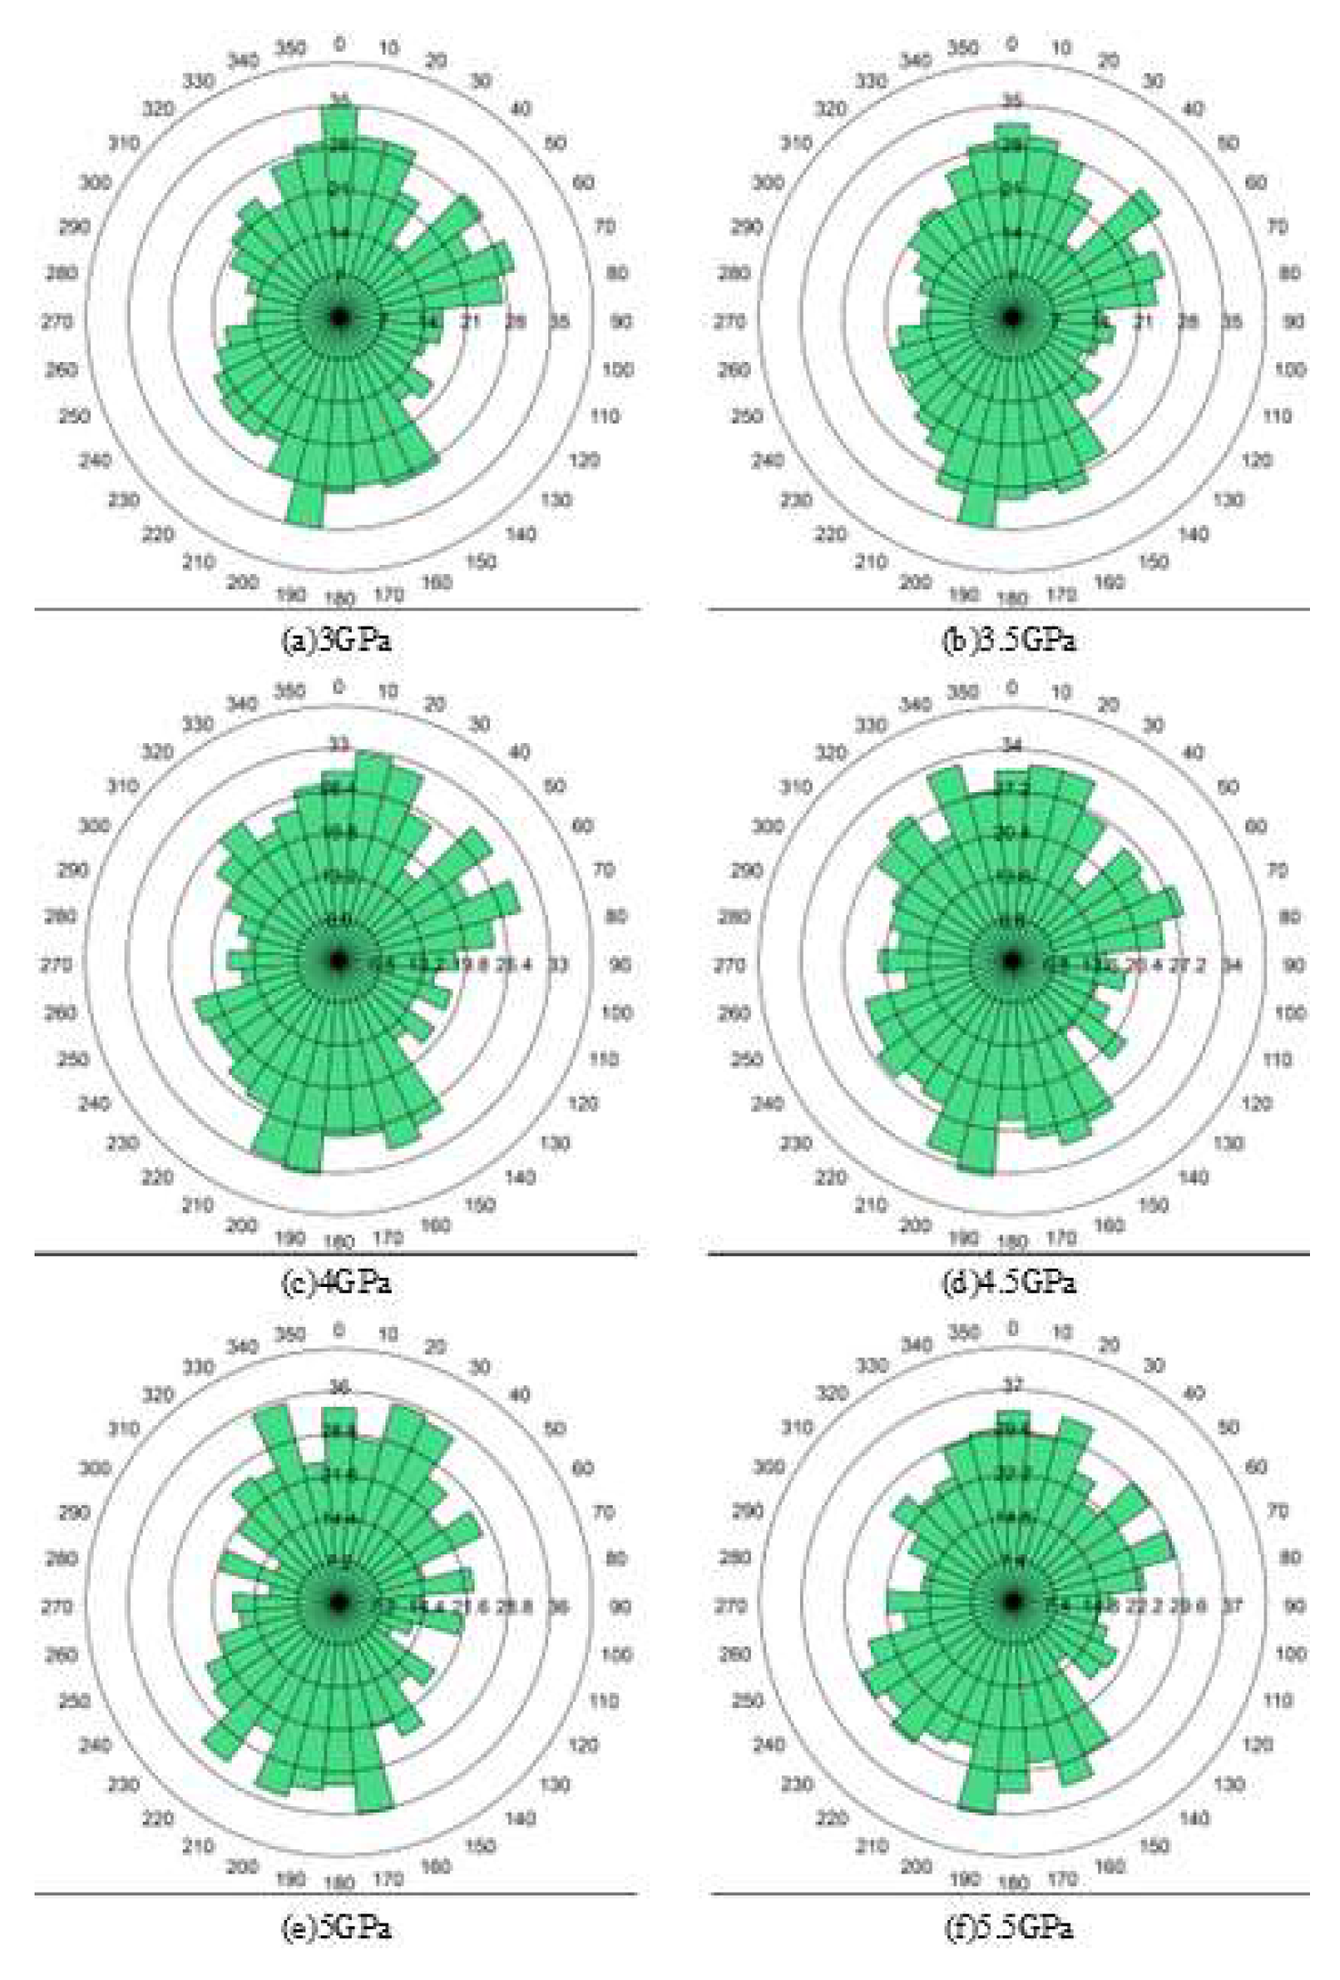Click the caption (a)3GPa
[336, 641]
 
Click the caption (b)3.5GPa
[1009, 641]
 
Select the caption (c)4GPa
[336, 1283]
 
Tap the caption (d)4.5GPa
[1009, 1283]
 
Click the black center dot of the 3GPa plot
[340, 318]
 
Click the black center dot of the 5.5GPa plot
[1013, 1602]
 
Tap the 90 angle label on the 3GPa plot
[621, 322]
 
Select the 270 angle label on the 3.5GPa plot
[729, 322]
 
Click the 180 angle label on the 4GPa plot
[338, 1241]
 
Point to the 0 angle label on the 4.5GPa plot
[1013, 688]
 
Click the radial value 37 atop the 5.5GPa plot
[1013, 1385]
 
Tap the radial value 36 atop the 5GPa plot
[339, 1387]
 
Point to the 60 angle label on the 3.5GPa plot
[1255, 183]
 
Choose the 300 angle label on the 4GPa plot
[95, 826]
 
